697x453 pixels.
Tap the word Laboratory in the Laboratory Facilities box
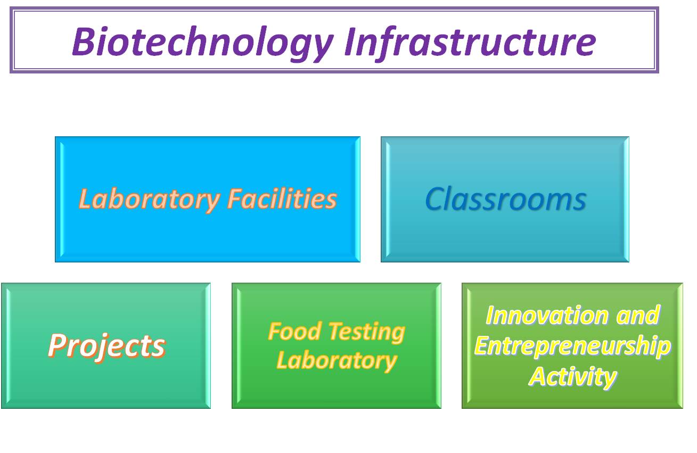tap(149, 200)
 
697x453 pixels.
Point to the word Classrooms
tap(506, 199)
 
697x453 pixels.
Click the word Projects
tap(106, 347)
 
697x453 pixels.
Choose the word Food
tap(294, 331)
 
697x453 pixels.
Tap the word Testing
tap(367, 333)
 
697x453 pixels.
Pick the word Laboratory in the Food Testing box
tap(337, 361)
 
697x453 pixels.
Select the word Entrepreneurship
tap(572, 347)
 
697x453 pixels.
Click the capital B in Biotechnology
tap(84, 42)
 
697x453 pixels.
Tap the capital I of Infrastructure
tap(351, 42)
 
